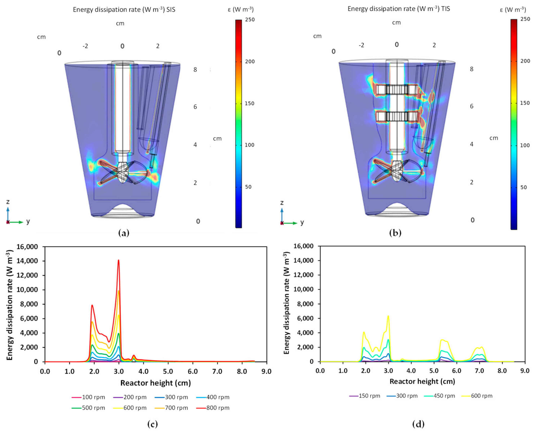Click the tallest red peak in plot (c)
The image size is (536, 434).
[118, 260]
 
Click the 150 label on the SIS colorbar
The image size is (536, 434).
[249, 103]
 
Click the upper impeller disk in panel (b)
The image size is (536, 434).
[397, 89]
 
